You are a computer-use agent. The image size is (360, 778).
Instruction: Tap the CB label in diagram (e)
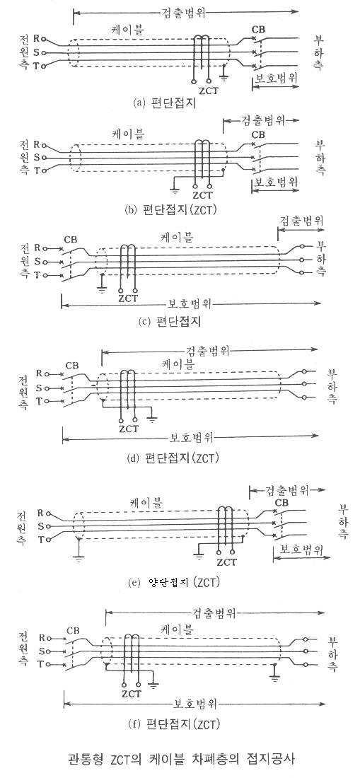click(281, 504)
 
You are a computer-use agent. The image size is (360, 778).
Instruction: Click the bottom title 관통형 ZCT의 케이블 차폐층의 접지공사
click(182, 758)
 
